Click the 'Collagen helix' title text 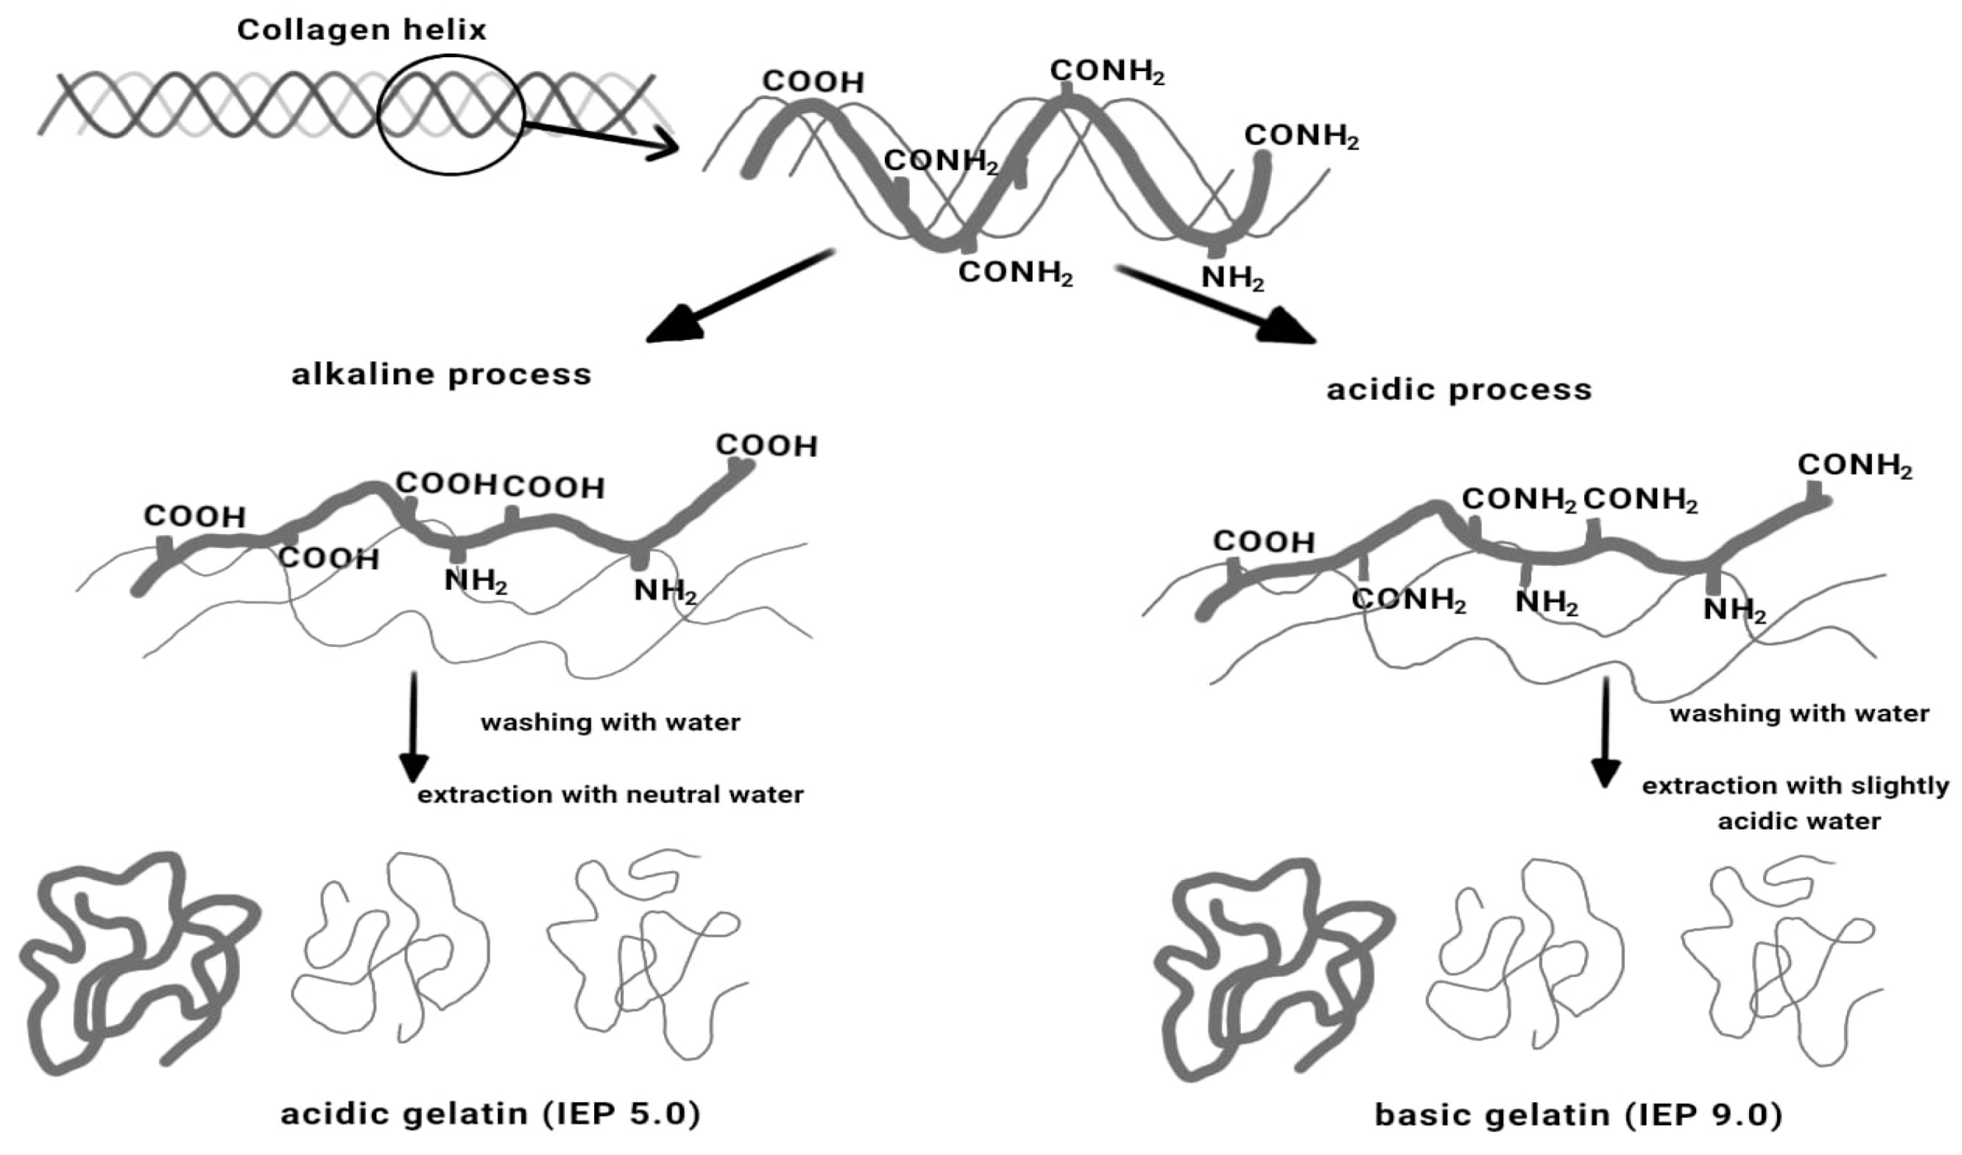[x=361, y=30]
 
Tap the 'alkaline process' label [x=442, y=375]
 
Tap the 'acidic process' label [x=1459, y=389]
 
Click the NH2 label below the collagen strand [x=1232, y=278]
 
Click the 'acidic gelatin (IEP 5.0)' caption [x=490, y=1114]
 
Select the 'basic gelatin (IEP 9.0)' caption [x=1578, y=1116]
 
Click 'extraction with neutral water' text [x=611, y=795]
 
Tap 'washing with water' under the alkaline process [x=611, y=723]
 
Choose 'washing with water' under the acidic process [x=1798, y=714]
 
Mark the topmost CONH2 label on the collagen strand [x=1106, y=72]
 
